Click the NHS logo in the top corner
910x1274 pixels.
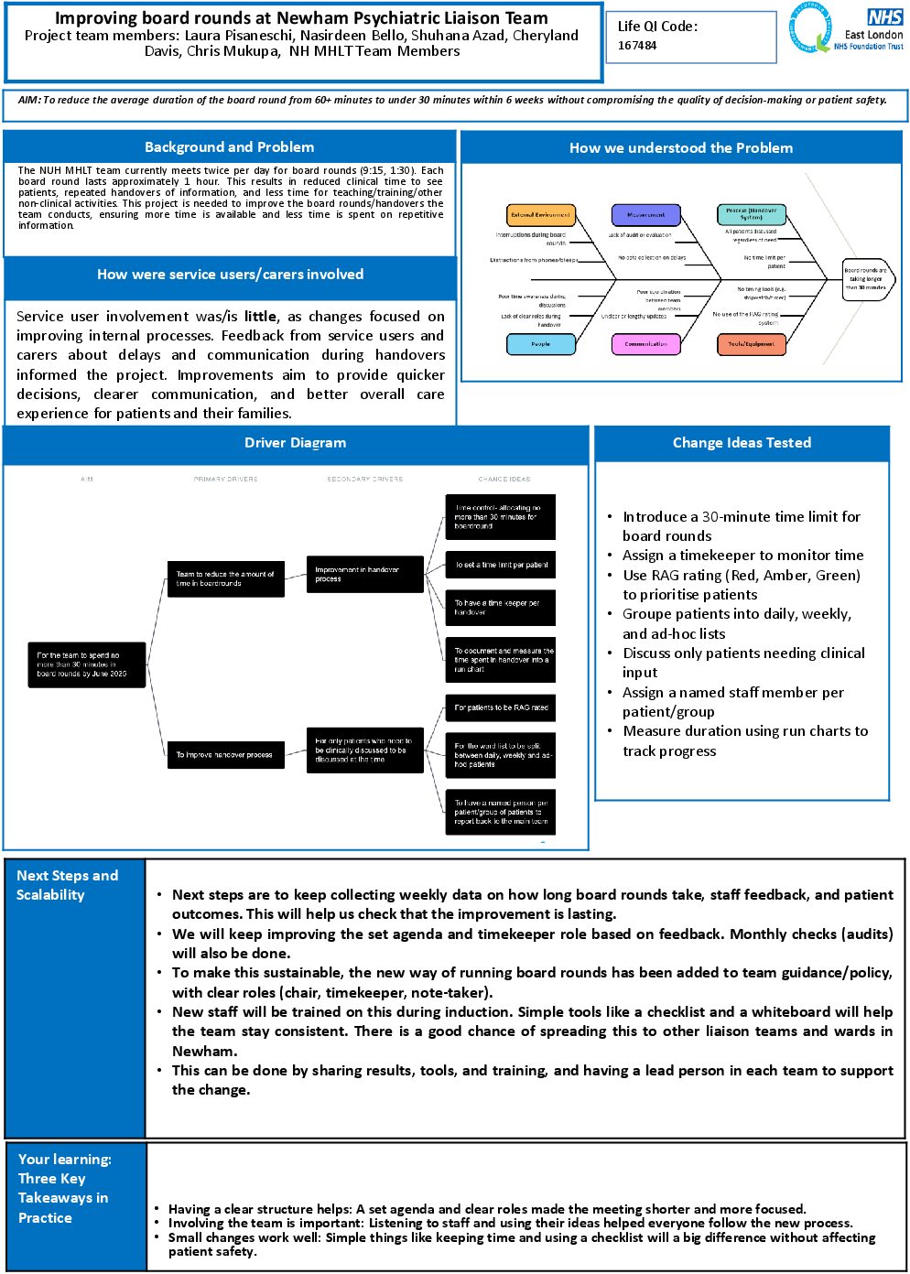click(x=884, y=17)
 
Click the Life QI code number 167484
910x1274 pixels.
click(x=637, y=46)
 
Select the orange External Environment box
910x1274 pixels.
click(x=541, y=215)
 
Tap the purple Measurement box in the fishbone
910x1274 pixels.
click(x=646, y=215)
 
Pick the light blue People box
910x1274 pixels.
click(x=541, y=344)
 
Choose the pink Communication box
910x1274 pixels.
click(x=646, y=344)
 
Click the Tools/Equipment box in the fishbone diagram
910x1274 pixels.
click(x=751, y=344)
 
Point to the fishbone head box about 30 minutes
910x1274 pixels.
click(x=866, y=278)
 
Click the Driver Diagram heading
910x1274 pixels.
click(x=295, y=443)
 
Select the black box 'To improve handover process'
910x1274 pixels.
click(x=225, y=755)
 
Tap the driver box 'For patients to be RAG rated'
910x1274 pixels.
click(x=501, y=707)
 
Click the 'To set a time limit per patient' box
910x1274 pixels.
click(x=501, y=565)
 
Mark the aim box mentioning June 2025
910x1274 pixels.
click(x=86, y=664)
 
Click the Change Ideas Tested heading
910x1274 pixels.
click(x=742, y=443)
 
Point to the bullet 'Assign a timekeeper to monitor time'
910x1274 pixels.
click(x=742, y=556)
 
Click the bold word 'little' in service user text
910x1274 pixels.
click(x=260, y=317)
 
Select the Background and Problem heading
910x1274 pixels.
click(x=229, y=147)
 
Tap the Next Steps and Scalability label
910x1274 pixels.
click(x=67, y=885)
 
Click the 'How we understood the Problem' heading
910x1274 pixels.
click(x=681, y=148)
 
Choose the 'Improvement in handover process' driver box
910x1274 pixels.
click(x=364, y=574)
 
